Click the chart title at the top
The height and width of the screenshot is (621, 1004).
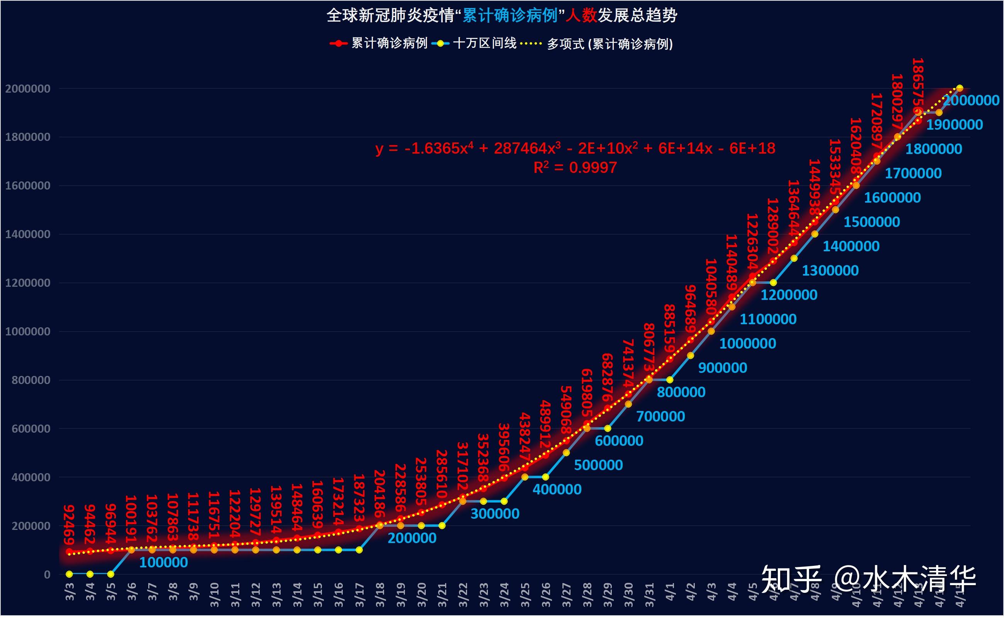click(501, 15)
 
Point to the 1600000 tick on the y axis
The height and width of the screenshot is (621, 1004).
click(27, 186)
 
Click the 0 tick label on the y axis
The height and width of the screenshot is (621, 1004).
click(47, 575)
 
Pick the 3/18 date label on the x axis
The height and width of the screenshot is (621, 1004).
click(380, 594)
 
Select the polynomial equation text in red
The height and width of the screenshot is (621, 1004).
click(575, 148)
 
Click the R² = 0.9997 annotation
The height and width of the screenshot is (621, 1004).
click(575, 168)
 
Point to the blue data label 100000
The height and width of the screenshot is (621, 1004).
click(163, 562)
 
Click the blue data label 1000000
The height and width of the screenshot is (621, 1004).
click(747, 343)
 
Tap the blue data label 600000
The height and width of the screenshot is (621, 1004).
click(619, 441)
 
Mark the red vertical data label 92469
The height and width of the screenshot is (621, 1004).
click(69, 525)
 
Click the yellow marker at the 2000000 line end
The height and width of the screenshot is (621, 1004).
click(960, 88)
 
